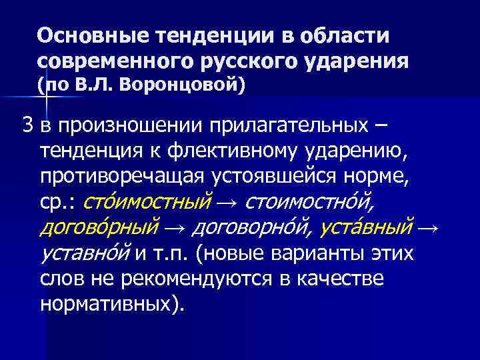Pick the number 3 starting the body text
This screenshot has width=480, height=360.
[x=27, y=125]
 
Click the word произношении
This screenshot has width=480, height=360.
[x=133, y=125]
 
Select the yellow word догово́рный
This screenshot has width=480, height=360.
[x=100, y=227]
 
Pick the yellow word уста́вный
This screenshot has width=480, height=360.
[x=367, y=227]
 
